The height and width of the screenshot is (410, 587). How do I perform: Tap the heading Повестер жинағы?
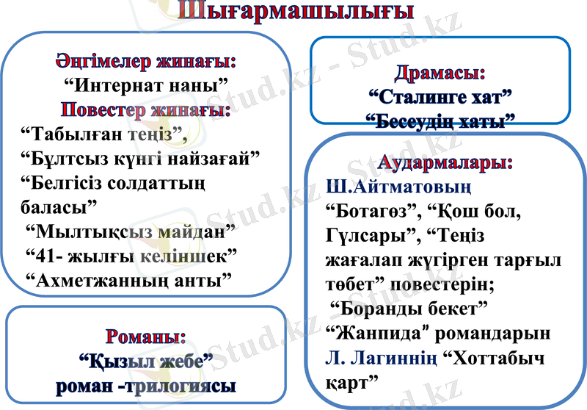point(145,109)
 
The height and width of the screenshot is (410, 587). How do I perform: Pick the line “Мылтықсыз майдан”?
point(131,231)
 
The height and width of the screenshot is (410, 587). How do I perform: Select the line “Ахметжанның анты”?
point(128,279)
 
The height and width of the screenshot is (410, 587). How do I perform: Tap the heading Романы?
point(145,337)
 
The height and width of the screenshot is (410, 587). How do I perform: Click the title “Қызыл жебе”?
point(145,361)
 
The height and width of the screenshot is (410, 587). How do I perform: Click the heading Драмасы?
point(440,73)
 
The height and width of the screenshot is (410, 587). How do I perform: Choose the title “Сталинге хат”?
point(440,96)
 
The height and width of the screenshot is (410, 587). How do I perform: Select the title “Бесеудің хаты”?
point(440,119)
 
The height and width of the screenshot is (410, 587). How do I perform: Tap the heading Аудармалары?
point(445,162)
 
